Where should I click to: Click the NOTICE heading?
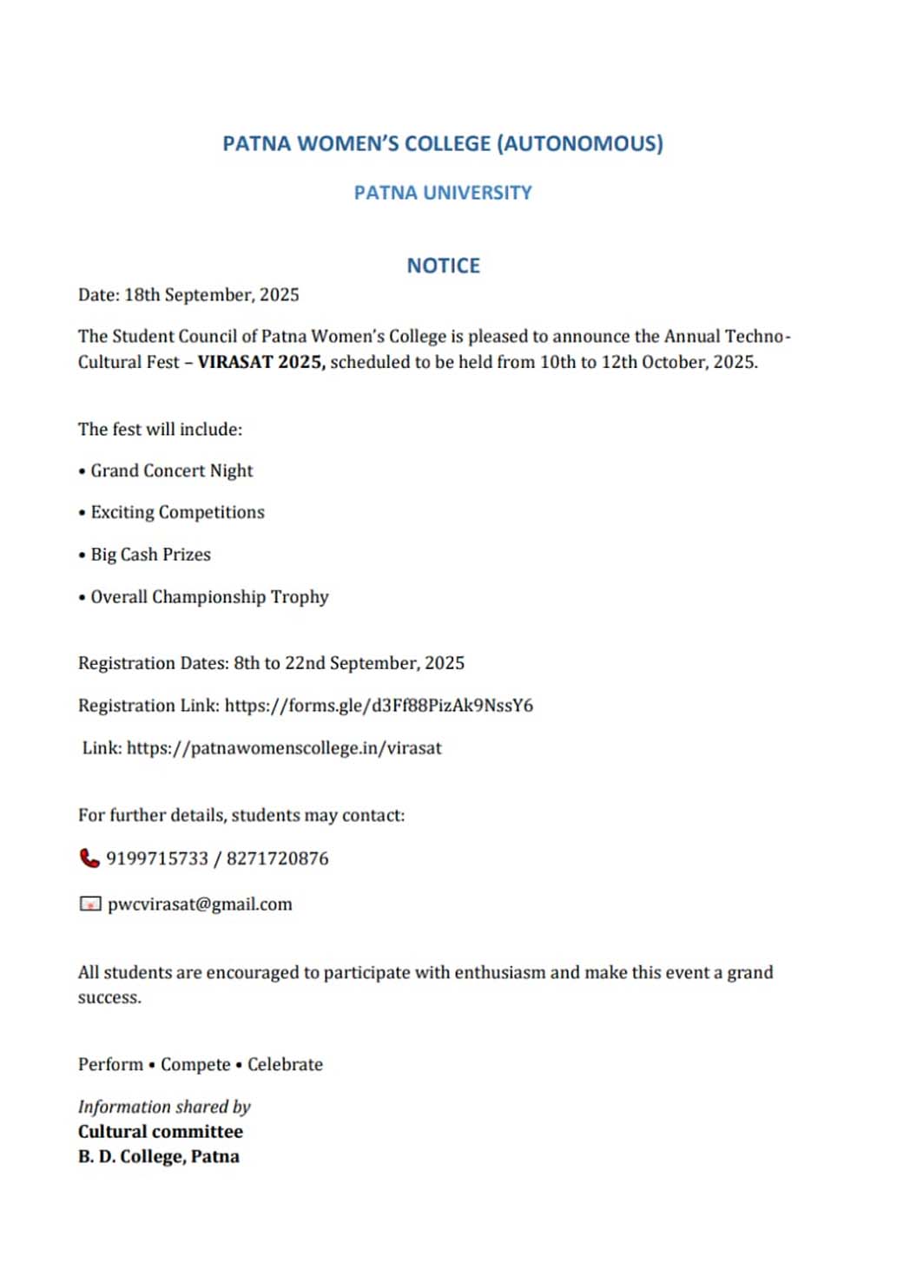click(x=443, y=266)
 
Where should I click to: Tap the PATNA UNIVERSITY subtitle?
click(x=443, y=193)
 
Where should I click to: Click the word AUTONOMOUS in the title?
click(x=580, y=143)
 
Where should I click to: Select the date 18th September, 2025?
click(x=211, y=295)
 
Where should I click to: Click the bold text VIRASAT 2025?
click(x=261, y=362)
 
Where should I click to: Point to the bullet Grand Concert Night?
click(x=171, y=470)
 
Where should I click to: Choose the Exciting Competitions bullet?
click(x=177, y=512)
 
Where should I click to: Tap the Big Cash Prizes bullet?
click(x=150, y=555)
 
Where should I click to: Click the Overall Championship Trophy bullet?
click(x=209, y=597)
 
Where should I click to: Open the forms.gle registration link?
click(x=379, y=706)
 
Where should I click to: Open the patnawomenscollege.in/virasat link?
click(x=284, y=748)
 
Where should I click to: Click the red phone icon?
click(x=89, y=858)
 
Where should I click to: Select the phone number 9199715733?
click(x=157, y=858)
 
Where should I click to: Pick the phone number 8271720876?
click(x=278, y=858)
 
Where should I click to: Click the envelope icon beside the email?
click(x=89, y=904)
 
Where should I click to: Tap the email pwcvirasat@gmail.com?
click(x=200, y=904)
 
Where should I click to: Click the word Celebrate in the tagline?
click(x=285, y=1065)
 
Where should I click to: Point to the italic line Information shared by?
click(x=164, y=1107)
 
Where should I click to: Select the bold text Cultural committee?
click(x=161, y=1132)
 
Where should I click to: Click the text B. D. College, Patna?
click(x=159, y=1157)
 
